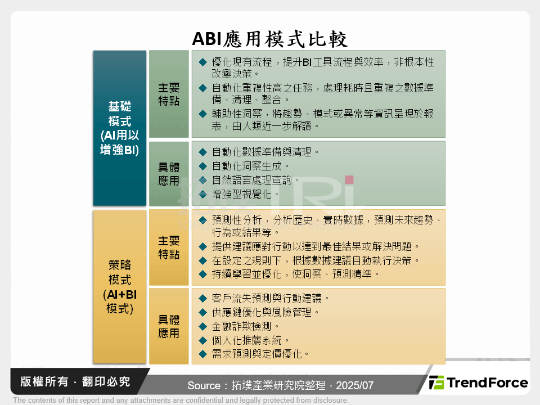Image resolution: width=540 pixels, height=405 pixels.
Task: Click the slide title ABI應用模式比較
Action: (x=270, y=38)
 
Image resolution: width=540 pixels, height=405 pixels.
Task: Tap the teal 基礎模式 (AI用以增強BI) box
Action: (x=120, y=128)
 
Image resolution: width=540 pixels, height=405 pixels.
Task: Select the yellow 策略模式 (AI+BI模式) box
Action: (x=120, y=286)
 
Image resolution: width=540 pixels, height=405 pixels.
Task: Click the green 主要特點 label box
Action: (x=169, y=94)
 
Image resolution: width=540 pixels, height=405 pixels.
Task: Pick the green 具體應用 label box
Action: (x=169, y=173)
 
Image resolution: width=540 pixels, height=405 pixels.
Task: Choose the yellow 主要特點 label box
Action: (x=169, y=247)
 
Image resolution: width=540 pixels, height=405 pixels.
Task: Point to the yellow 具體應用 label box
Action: (x=169, y=326)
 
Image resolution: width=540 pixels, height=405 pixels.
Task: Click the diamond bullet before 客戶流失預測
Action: (x=202, y=298)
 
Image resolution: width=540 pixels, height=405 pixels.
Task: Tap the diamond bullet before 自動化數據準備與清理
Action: (x=202, y=152)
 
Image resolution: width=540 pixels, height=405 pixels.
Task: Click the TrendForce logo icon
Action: (x=436, y=383)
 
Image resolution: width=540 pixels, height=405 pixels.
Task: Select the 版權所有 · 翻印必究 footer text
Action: (x=75, y=382)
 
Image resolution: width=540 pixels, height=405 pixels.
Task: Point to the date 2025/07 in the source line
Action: (x=355, y=386)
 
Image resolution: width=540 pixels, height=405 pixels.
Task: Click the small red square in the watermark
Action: (x=349, y=180)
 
